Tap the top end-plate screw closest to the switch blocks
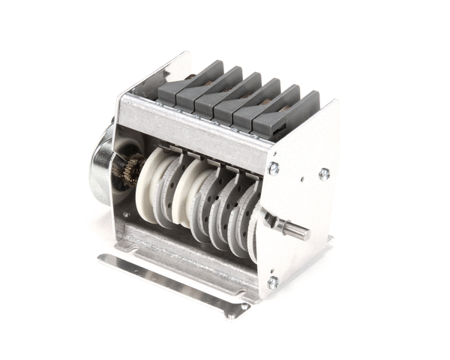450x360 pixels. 274,168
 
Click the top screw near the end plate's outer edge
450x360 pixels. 324,173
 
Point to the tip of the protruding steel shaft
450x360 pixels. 307,233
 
